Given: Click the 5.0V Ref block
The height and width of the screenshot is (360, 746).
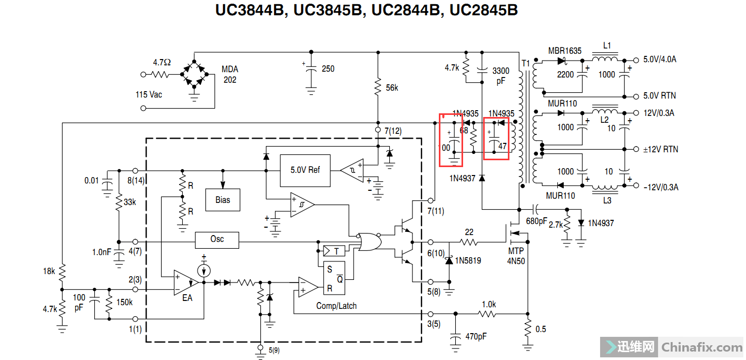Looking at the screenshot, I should pyautogui.click(x=305, y=170).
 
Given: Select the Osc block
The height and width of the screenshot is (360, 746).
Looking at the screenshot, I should pyautogui.click(x=217, y=239).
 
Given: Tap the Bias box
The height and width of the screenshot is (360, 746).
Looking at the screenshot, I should pyautogui.click(x=223, y=200).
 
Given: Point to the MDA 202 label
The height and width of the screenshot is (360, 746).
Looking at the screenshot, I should pyautogui.click(x=230, y=74).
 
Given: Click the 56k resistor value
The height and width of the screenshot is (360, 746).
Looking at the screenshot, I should pyautogui.click(x=392, y=88).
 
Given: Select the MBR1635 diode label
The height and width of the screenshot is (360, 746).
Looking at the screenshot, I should pyautogui.click(x=565, y=51).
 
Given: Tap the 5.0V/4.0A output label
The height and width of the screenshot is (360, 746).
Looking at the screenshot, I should pyautogui.click(x=660, y=60).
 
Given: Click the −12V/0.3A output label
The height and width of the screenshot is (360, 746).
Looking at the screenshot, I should pyautogui.click(x=661, y=187).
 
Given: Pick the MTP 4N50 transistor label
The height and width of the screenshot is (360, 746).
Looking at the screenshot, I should pyautogui.click(x=516, y=256).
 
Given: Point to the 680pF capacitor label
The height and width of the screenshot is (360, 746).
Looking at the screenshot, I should pyautogui.click(x=537, y=221).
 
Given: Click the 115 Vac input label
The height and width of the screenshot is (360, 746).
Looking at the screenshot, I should pyautogui.click(x=149, y=94).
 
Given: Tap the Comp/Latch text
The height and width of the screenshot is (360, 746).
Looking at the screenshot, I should pyautogui.click(x=336, y=306).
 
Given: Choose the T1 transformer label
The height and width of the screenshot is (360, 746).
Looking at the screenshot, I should pyautogui.click(x=525, y=63).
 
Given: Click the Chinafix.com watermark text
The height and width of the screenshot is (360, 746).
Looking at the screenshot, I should pyautogui.click(x=701, y=347).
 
